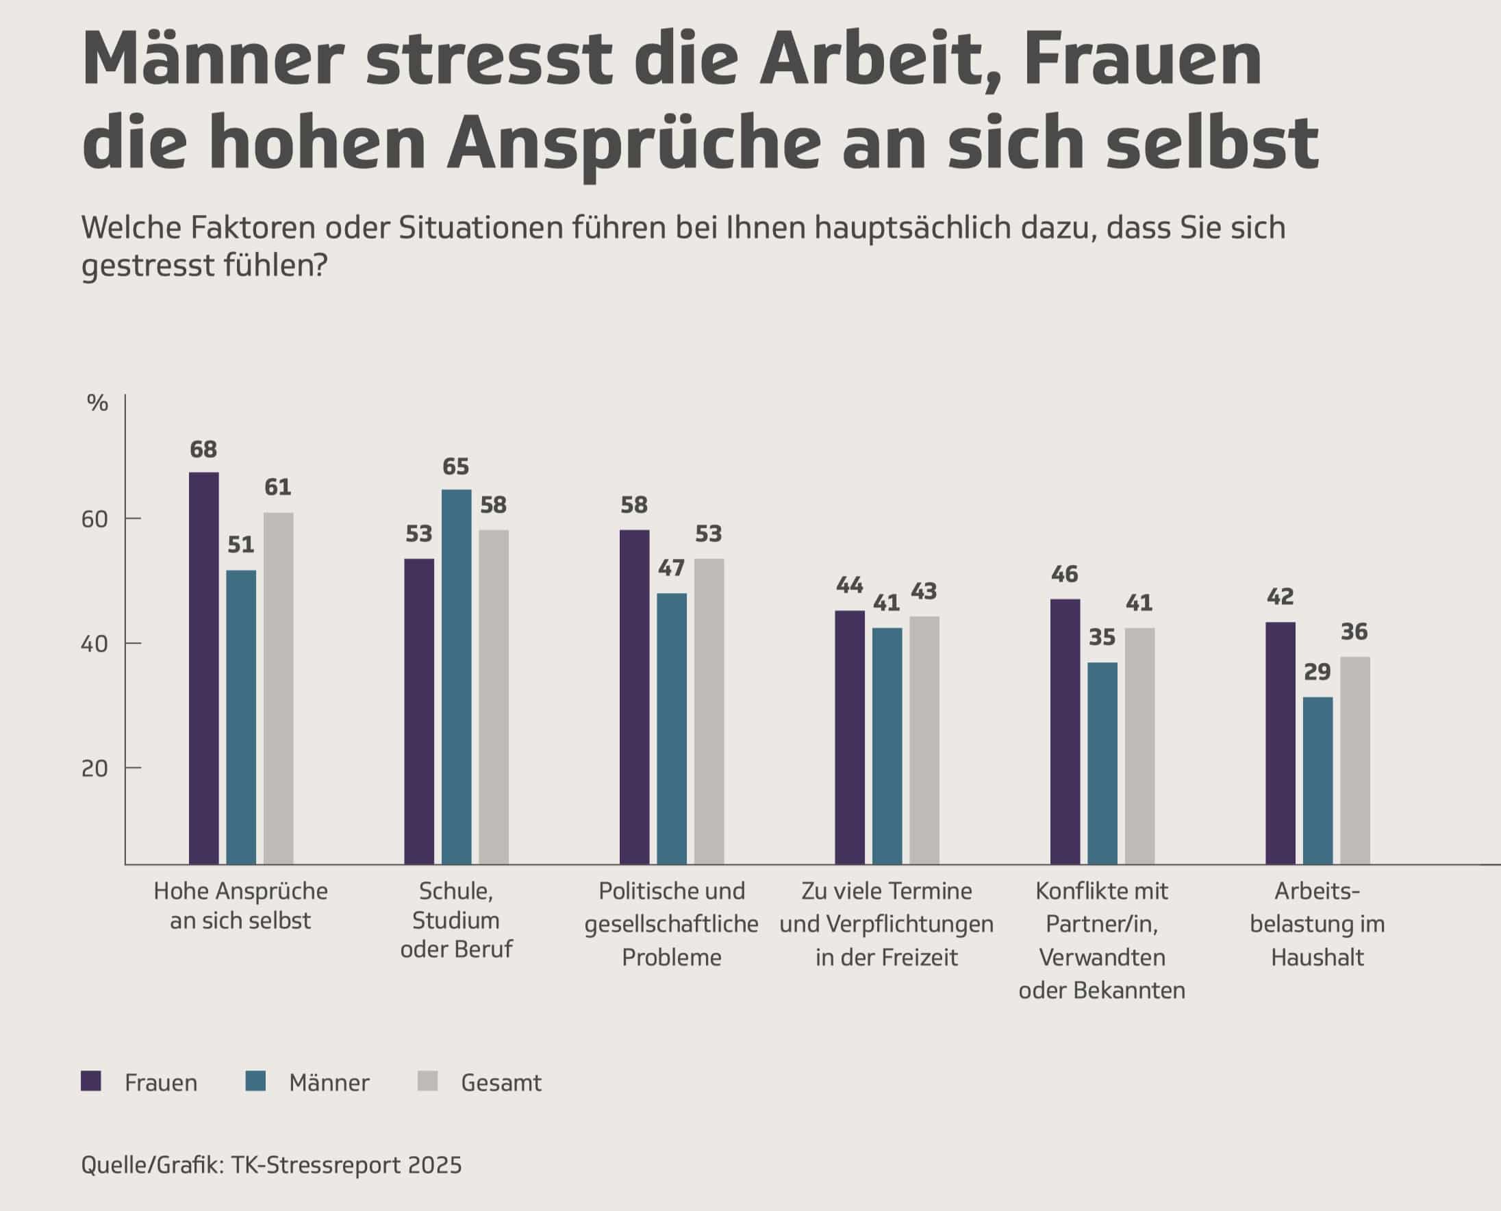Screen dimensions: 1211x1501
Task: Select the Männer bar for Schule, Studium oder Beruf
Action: coord(456,677)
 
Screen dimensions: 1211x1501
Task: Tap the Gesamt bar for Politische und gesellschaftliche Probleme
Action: coord(709,712)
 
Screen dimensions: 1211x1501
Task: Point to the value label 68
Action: coord(203,450)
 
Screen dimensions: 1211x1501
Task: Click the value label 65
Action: coord(456,466)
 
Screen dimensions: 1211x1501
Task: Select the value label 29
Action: coord(1317,672)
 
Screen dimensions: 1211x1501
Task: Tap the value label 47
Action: coord(671,569)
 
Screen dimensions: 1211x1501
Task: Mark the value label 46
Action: coord(1065,574)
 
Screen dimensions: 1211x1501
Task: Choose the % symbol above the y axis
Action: coord(98,403)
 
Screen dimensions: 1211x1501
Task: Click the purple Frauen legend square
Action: coord(91,1082)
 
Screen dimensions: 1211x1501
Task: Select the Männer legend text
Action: coord(329,1083)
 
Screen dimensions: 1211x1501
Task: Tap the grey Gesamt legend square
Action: coord(427,1082)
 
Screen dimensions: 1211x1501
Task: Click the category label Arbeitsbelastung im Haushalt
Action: coord(1317,923)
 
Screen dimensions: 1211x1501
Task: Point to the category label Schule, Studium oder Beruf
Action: coord(456,920)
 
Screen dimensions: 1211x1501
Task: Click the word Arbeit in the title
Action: coord(870,60)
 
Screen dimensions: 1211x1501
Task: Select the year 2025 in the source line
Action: coord(436,1165)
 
